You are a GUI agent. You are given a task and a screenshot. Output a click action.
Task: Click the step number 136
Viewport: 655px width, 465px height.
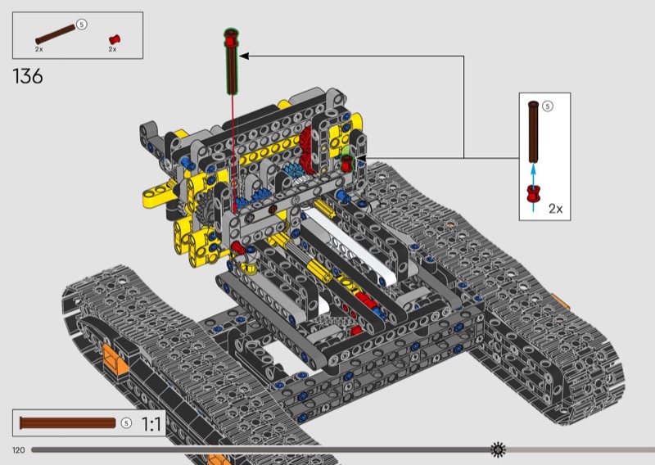(x=28, y=76)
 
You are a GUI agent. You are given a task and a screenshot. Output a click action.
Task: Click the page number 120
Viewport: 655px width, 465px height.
(x=18, y=450)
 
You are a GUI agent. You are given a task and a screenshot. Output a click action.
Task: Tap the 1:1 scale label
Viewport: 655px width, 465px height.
(x=151, y=424)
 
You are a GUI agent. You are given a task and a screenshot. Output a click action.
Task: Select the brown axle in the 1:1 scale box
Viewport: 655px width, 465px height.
(x=68, y=422)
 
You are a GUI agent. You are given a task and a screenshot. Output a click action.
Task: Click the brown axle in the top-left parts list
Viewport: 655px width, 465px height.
(x=56, y=34)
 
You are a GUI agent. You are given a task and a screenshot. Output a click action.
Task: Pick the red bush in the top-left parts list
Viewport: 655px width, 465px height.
(x=115, y=39)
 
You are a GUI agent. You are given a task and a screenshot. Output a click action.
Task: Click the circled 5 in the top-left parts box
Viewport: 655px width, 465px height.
(x=82, y=25)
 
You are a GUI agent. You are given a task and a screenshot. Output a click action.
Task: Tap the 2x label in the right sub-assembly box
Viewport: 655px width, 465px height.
(x=556, y=209)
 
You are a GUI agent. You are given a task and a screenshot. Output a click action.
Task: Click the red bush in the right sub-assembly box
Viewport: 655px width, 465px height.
(x=533, y=194)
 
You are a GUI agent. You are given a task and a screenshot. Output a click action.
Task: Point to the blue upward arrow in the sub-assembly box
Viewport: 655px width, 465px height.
(x=533, y=187)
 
